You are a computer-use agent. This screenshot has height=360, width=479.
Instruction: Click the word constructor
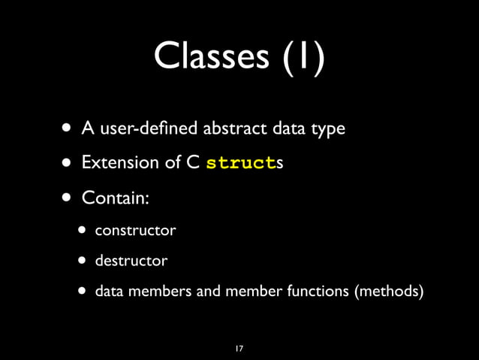(135, 230)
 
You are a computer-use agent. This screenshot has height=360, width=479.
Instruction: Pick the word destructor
(131, 262)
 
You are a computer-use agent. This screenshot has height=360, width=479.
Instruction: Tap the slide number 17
(239, 349)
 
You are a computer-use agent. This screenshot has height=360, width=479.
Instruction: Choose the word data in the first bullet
(289, 129)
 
